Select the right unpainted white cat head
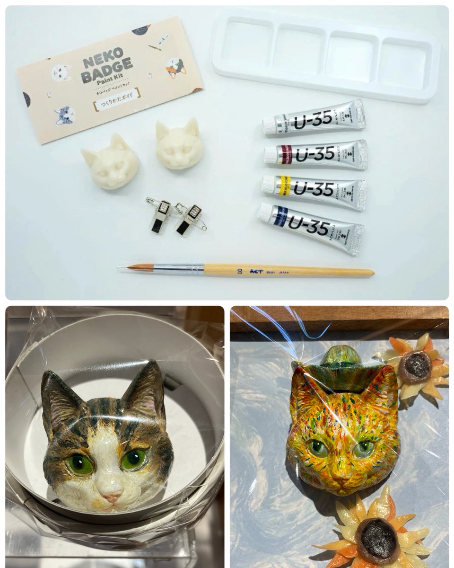[179, 144]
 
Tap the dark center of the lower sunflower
[377, 539]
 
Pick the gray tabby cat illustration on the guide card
[64, 115]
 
